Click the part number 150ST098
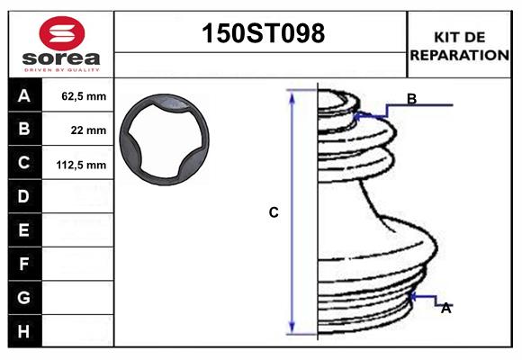tap(261, 34)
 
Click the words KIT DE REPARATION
tap(459, 45)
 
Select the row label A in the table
tap(24, 95)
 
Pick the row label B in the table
tap(24, 129)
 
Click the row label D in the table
tap(24, 196)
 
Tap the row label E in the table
tap(24, 230)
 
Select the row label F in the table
tap(24, 264)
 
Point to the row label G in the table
tap(24, 297)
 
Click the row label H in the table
tap(24, 331)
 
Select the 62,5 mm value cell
tap(83, 96)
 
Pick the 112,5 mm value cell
tap(83, 165)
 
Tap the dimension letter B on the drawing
tap(411, 99)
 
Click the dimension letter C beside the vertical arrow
tap(274, 213)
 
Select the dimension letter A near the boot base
tap(445, 308)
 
